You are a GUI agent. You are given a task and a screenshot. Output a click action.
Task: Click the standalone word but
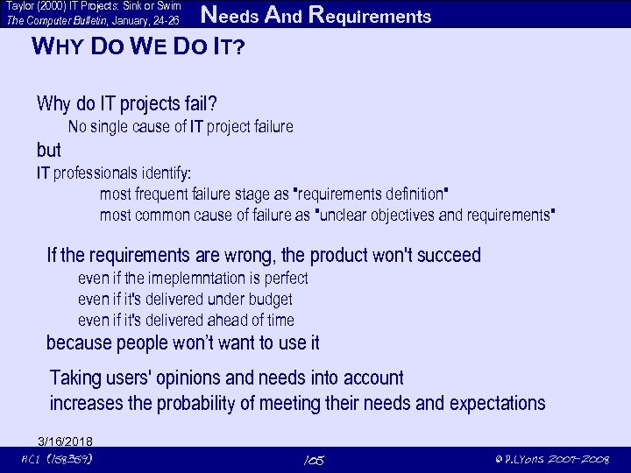[x=49, y=149]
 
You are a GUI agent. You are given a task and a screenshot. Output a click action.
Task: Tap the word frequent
[x=162, y=194]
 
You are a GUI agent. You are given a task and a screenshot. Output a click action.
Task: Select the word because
[x=84, y=342]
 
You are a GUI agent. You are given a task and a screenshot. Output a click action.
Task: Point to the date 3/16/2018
[x=66, y=441]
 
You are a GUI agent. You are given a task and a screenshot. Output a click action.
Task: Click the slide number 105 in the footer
[x=313, y=460]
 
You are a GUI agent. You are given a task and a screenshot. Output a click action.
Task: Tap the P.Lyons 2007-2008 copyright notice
[x=551, y=460]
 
